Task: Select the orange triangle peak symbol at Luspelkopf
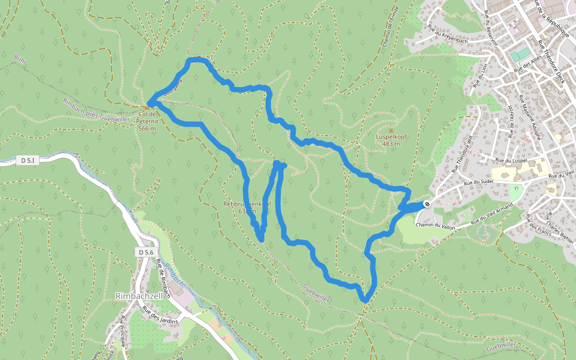(x=391, y=130)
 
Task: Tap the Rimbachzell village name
(x=139, y=295)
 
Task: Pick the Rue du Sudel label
(x=478, y=182)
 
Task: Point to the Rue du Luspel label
(x=511, y=160)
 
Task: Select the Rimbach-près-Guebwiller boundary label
(x=96, y=110)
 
